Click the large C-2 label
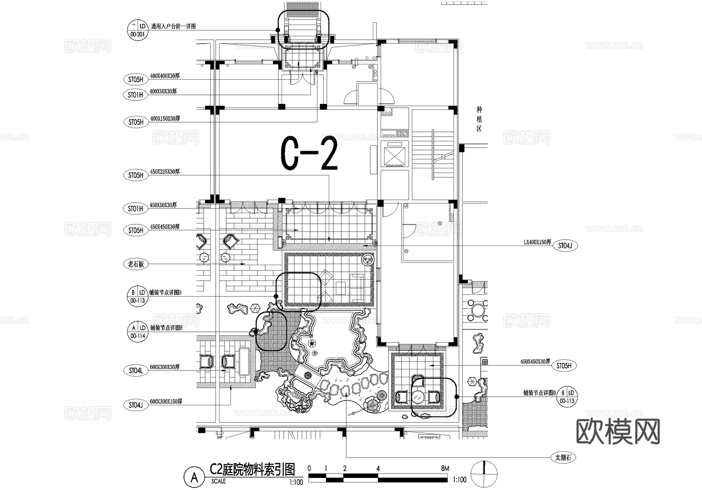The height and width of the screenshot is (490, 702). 309,153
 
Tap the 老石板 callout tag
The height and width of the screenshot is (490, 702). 136,264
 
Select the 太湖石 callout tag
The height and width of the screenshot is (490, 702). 563,458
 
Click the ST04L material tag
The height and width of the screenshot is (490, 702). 136,371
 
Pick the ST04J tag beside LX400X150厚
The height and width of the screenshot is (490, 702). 565,246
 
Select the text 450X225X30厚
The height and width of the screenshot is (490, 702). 165,171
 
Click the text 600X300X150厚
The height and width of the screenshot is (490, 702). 166,401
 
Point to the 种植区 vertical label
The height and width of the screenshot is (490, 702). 479,119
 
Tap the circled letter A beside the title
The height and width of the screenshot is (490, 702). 194,477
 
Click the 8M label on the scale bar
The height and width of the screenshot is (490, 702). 445,468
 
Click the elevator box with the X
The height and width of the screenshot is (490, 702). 395,155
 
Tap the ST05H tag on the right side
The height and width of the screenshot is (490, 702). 564,366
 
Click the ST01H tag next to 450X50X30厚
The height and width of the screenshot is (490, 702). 135,209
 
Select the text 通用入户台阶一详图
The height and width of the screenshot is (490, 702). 173,27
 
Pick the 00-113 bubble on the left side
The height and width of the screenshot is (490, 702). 138,296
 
